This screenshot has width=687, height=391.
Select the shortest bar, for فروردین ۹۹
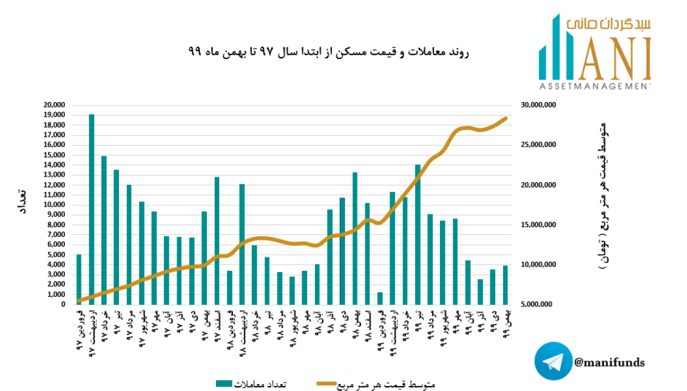click(380, 298)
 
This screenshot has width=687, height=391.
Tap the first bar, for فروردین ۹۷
click(79, 279)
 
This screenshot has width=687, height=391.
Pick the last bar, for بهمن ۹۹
click(505, 285)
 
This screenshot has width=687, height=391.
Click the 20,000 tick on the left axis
click(55, 105)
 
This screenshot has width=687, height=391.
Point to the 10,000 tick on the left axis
click(55, 205)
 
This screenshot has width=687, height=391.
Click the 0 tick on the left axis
click(63, 304)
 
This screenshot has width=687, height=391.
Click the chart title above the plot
click(328, 53)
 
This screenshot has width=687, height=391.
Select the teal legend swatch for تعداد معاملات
click(225, 383)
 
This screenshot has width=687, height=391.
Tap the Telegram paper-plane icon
click(553, 362)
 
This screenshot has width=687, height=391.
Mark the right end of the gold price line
click(506, 118)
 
